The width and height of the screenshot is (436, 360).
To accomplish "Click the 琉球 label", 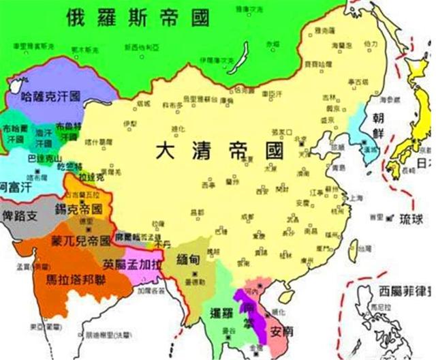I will click(407, 220).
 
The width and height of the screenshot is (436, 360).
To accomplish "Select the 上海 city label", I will click(354, 198).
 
